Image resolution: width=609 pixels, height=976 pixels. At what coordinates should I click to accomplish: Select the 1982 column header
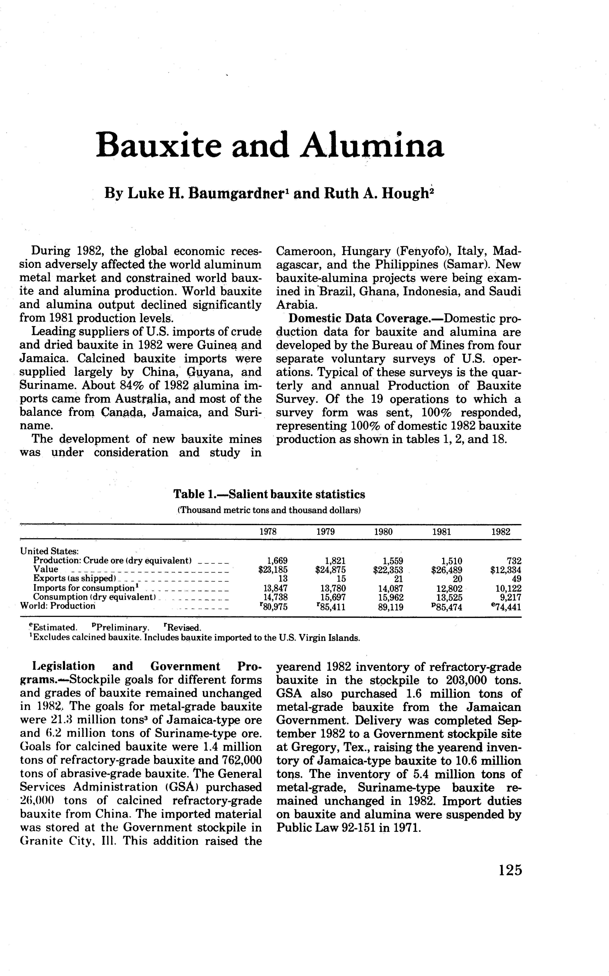(501, 532)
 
